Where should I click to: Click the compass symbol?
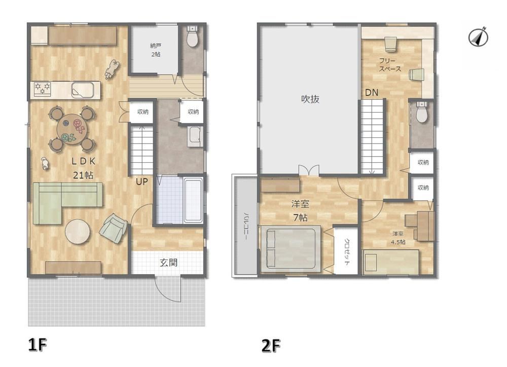[x=478, y=36]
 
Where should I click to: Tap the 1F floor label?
[x=38, y=345]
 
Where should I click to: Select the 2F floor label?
[x=271, y=346]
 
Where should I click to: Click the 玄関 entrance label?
[x=168, y=263]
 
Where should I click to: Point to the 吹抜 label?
[x=310, y=99]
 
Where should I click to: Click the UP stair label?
[x=141, y=181]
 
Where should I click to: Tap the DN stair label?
[x=372, y=93]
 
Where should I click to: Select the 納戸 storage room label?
[x=156, y=46]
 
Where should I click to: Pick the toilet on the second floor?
[x=421, y=112]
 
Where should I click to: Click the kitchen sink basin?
[x=83, y=90]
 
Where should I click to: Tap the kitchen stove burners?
[x=43, y=89]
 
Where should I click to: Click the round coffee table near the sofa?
[x=78, y=232]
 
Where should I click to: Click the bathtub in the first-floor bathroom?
[x=193, y=200]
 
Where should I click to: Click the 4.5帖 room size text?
[x=398, y=242]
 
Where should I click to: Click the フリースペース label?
[x=390, y=65]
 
